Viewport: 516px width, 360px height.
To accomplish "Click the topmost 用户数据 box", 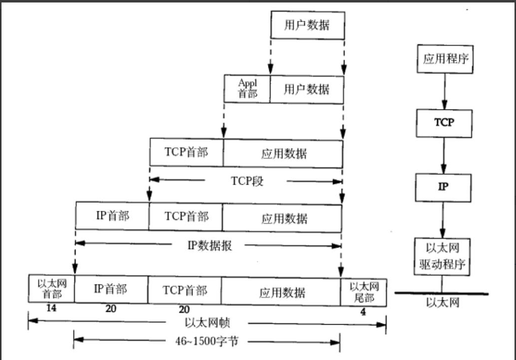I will pos(307,25).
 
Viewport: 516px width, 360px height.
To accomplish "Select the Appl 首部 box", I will pos(247,89).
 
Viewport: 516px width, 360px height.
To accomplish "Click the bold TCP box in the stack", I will pos(444,122).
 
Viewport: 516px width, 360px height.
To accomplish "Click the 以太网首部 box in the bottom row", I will pos(52,289).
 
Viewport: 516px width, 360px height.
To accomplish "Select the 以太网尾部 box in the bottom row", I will pos(364,291).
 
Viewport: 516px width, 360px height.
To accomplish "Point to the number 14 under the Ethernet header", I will pos(51,308).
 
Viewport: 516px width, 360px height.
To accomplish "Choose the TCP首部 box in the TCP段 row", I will pos(186,152).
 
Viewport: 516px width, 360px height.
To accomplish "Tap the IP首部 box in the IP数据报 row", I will pos(112,216).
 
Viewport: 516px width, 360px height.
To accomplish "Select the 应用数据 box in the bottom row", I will pos(281,292).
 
